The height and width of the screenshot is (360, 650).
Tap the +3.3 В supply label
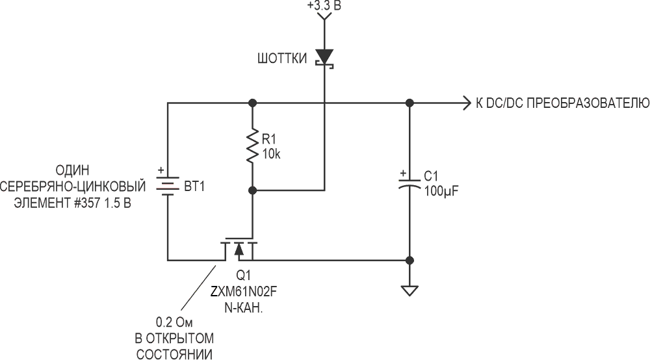click(324, 5)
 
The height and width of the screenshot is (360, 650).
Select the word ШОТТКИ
click(282, 58)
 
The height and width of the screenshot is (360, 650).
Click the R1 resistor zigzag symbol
click(252, 146)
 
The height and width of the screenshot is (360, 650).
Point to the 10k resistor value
click(271, 154)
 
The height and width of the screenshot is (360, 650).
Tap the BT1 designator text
click(194, 187)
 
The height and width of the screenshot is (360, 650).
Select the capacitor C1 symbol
click(409, 184)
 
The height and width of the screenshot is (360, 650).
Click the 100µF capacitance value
click(441, 191)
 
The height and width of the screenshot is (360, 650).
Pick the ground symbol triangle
click(409, 291)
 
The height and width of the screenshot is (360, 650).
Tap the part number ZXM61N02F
click(243, 292)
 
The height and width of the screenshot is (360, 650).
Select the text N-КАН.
click(243, 308)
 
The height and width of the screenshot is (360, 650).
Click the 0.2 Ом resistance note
click(174, 322)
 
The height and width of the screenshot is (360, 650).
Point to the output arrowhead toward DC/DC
click(467, 103)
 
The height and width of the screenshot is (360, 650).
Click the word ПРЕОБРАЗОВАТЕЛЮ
click(588, 103)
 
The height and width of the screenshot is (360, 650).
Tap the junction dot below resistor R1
click(252, 190)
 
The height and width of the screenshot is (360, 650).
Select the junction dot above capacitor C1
click(409, 103)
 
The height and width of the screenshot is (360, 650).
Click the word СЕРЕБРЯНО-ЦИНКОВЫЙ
click(73, 186)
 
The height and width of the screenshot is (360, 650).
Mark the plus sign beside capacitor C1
click(402, 174)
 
